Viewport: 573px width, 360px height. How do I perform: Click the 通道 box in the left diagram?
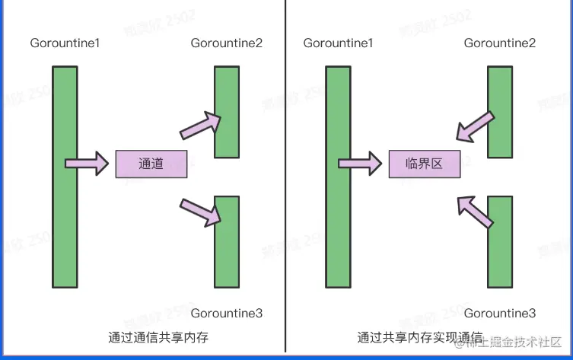[x=151, y=164]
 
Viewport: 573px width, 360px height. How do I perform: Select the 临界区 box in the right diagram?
[x=425, y=164]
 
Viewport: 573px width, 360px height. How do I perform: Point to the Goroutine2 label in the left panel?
[x=227, y=43]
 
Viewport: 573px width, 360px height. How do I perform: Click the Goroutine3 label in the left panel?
[x=227, y=313]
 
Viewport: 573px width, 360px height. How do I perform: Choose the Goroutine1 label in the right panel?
[x=338, y=43]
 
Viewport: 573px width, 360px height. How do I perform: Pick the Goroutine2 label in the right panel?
[x=500, y=43]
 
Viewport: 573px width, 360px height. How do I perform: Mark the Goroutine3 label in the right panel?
[x=500, y=313]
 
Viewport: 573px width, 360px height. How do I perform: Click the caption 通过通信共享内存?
[x=158, y=336]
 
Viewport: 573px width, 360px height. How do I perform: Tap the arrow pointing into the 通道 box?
[x=87, y=163]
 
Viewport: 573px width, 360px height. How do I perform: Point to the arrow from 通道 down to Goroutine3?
[x=201, y=212]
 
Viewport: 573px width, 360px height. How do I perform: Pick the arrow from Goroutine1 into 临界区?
[x=360, y=163]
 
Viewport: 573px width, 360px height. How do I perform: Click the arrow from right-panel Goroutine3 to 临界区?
[x=475, y=211]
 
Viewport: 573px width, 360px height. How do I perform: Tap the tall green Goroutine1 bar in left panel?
[x=65, y=177]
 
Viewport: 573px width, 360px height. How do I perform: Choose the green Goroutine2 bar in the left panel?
[x=227, y=112]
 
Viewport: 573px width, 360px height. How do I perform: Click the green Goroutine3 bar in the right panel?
[x=500, y=241]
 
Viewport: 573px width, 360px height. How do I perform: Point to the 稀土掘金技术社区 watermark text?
[x=518, y=341]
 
